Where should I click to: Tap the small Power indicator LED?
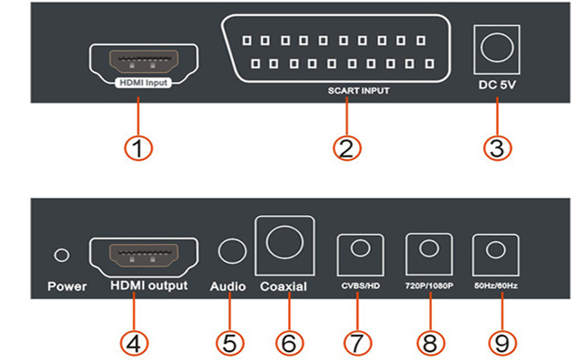(x=62, y=256)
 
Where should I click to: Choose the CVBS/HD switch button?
(x=360, y=252)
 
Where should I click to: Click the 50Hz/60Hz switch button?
(x=492, y=252)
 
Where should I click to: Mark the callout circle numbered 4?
(x=138, y=343)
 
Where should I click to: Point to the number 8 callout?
(x=429, y=343)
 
